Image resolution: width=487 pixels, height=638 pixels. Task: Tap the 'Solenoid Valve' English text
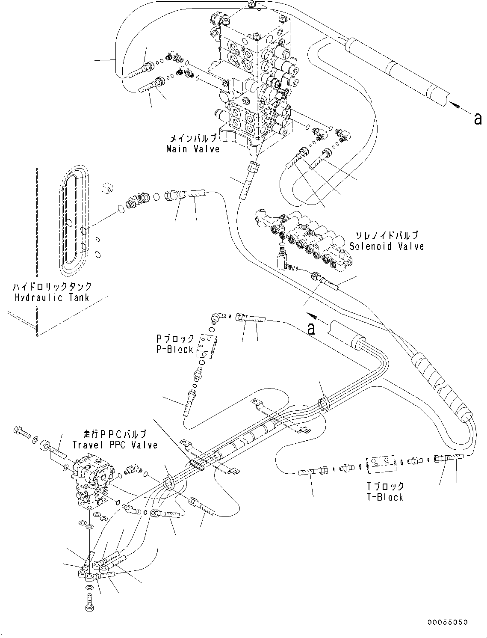[x=387, y=246]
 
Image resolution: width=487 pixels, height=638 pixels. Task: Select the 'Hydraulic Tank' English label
[x=52, y=297]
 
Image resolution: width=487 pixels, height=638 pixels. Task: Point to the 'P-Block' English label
[x=174, y=349]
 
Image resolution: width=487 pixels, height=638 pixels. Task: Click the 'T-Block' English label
[x=385, y=497]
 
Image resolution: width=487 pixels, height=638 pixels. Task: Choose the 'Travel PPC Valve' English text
[x=115, y=445]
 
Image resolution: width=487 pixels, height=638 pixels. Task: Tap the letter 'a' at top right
[x=478, y=119]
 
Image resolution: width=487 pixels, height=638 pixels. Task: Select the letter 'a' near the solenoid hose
[x=311, y=329]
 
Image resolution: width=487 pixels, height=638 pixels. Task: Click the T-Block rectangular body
[x=382, y=465]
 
